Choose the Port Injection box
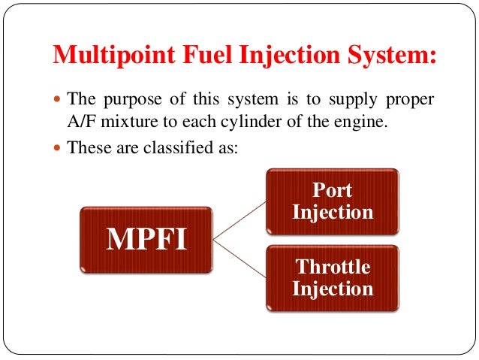click(x=333, y=201)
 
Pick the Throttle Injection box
click(x=333, y=277)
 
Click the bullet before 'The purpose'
click(x=60, y=100)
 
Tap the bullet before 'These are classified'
click(x=60, y=147)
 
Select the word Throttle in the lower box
click(x=333, y=267)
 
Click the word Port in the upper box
click(x=333, y=190)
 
